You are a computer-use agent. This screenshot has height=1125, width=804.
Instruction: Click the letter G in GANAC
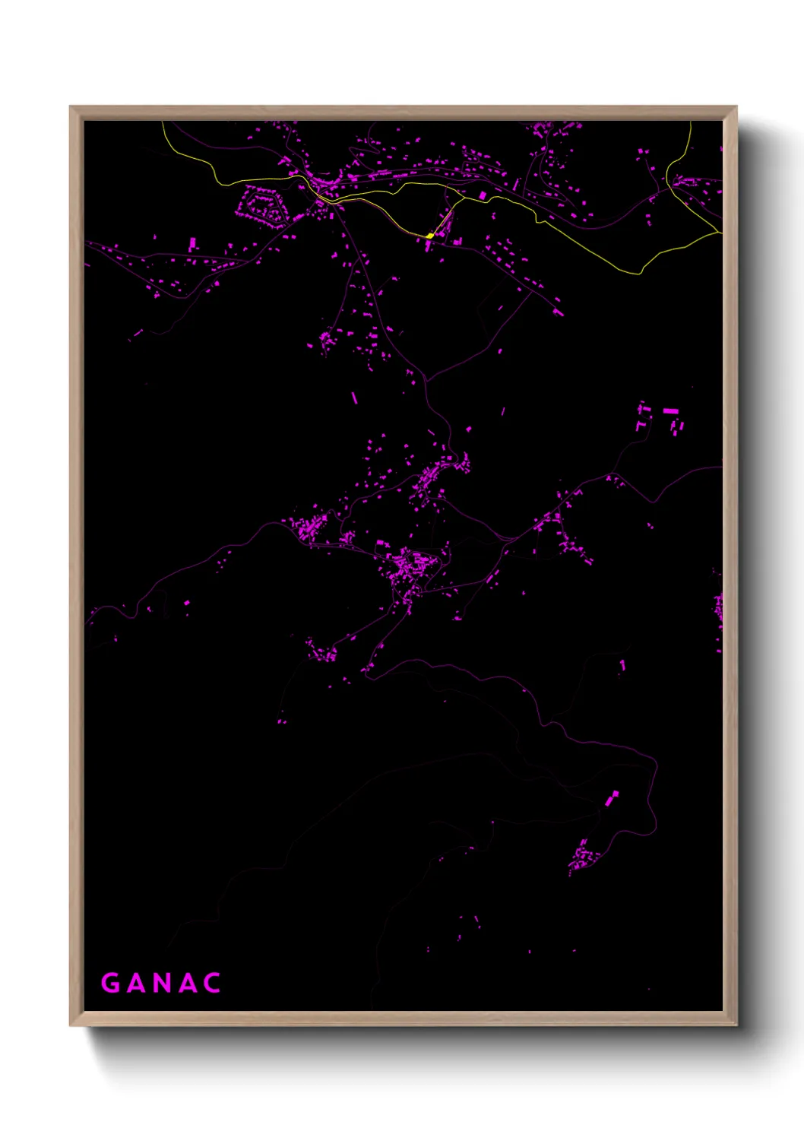[111, 983]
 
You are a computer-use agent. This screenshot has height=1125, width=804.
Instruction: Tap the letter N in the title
[161, 983]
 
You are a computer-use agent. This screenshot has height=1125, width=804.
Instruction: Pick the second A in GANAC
[187, 983]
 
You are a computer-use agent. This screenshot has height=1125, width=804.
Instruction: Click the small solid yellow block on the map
[430, 236]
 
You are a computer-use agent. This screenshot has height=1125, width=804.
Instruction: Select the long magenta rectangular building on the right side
[670, 411]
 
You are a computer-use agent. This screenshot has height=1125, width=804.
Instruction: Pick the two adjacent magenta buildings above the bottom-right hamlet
[611, 797]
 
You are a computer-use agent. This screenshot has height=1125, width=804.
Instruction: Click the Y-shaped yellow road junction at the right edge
[668, 184]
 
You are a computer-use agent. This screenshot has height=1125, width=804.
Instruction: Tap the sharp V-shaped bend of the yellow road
[640, 271]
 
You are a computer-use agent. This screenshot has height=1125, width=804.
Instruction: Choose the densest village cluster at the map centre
[410, 566]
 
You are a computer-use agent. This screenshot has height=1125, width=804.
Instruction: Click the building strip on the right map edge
[718, 608]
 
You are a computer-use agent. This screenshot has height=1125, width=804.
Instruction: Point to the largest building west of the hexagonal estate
[192, 243]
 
